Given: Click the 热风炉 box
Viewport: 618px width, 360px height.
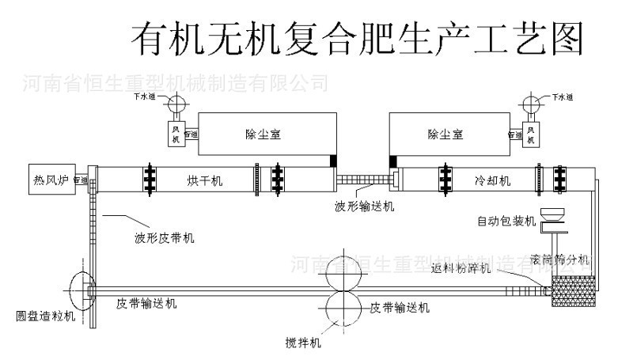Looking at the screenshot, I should pos(49,179).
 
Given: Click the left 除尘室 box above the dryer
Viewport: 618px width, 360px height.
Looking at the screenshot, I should pos(263,135).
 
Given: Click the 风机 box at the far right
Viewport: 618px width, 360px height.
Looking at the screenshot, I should pos(532,132).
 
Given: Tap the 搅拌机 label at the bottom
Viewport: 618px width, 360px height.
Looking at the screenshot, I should pos(304,343).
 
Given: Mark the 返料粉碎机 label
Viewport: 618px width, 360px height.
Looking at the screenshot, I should pos(462,268).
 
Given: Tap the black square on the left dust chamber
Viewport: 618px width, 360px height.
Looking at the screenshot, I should pos(335,161).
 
